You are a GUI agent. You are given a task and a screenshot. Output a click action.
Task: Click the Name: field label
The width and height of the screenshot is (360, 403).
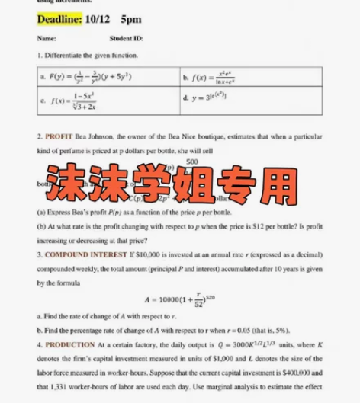point(47,37)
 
